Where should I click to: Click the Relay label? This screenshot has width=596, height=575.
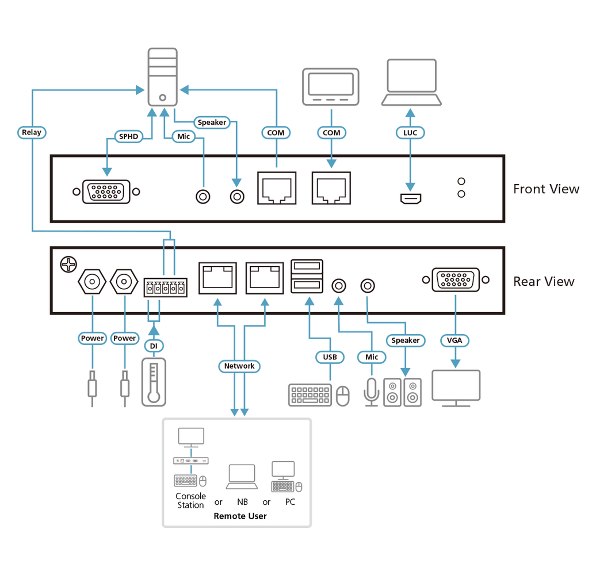pyautogui.click(x=32, y=132)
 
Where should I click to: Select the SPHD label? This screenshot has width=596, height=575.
pyautogui.click(x=128, y=136)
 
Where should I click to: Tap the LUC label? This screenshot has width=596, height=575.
pyautogui.click(x=410, y=132)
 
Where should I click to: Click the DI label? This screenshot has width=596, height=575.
pyautogui.click(x=153, y=346)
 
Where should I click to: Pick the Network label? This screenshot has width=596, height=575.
pyautogui.click(x=239, y=366)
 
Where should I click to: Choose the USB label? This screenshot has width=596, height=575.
pyautogui.click(x=330, y=357)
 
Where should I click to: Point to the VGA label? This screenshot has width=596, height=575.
pyautogui.click(x=454, y=340)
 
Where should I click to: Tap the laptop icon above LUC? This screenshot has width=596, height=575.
pyautogui.click(x=411, y=82)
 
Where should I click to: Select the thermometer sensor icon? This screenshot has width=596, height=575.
pyautogui.click(x=154, y=382)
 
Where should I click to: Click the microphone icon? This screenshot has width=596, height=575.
pyautogui.click(x=372, y=391)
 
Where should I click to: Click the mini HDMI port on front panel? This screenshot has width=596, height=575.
pyautogui.click(x=410, y=199)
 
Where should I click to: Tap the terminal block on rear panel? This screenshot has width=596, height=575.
pyautogui.click(x=166, y=286)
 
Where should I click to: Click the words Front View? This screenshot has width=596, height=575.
pyautogui.click(x=546, y=189)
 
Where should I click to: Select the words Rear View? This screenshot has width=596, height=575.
pyautogui.click(x=544, y=281)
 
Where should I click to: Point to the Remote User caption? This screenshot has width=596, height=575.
pyautogui.click(x=240, y=516)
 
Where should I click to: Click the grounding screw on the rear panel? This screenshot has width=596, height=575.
pyautogui.click(x=68, y=264)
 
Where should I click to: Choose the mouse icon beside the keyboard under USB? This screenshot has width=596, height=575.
pyautogui.click(x=343, y=396)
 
